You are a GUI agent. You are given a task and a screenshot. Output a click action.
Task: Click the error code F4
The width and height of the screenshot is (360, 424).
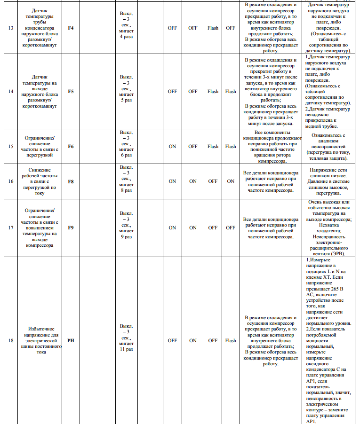click(71, 28)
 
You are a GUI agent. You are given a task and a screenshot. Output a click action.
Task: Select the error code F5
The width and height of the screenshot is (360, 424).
click(71, 91)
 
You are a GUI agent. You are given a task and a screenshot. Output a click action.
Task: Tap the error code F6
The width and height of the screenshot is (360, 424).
click(71, 146)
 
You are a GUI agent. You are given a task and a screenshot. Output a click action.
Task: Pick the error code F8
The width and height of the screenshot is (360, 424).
click(71, 181)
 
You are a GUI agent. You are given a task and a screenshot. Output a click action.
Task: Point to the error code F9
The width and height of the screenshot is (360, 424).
click(71, 228)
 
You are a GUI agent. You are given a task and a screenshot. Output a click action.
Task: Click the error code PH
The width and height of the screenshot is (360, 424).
click(71, 340)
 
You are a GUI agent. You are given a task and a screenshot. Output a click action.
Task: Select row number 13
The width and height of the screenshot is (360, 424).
click(11, 28)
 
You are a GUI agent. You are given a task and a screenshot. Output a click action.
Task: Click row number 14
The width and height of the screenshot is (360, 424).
click(11, 91)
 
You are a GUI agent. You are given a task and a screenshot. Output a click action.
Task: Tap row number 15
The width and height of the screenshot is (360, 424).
click(11, 146)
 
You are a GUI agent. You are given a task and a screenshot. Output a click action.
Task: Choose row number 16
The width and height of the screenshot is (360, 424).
click(11, 181)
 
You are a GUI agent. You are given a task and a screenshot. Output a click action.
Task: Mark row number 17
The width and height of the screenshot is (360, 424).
click(11, 228)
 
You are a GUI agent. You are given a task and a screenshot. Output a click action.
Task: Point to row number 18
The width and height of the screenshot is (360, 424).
click(11, 340)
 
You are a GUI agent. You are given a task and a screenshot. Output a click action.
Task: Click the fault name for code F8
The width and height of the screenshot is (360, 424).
click(40, 181)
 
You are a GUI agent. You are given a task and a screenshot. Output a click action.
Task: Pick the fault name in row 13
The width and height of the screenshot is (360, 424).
click(40, 28)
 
